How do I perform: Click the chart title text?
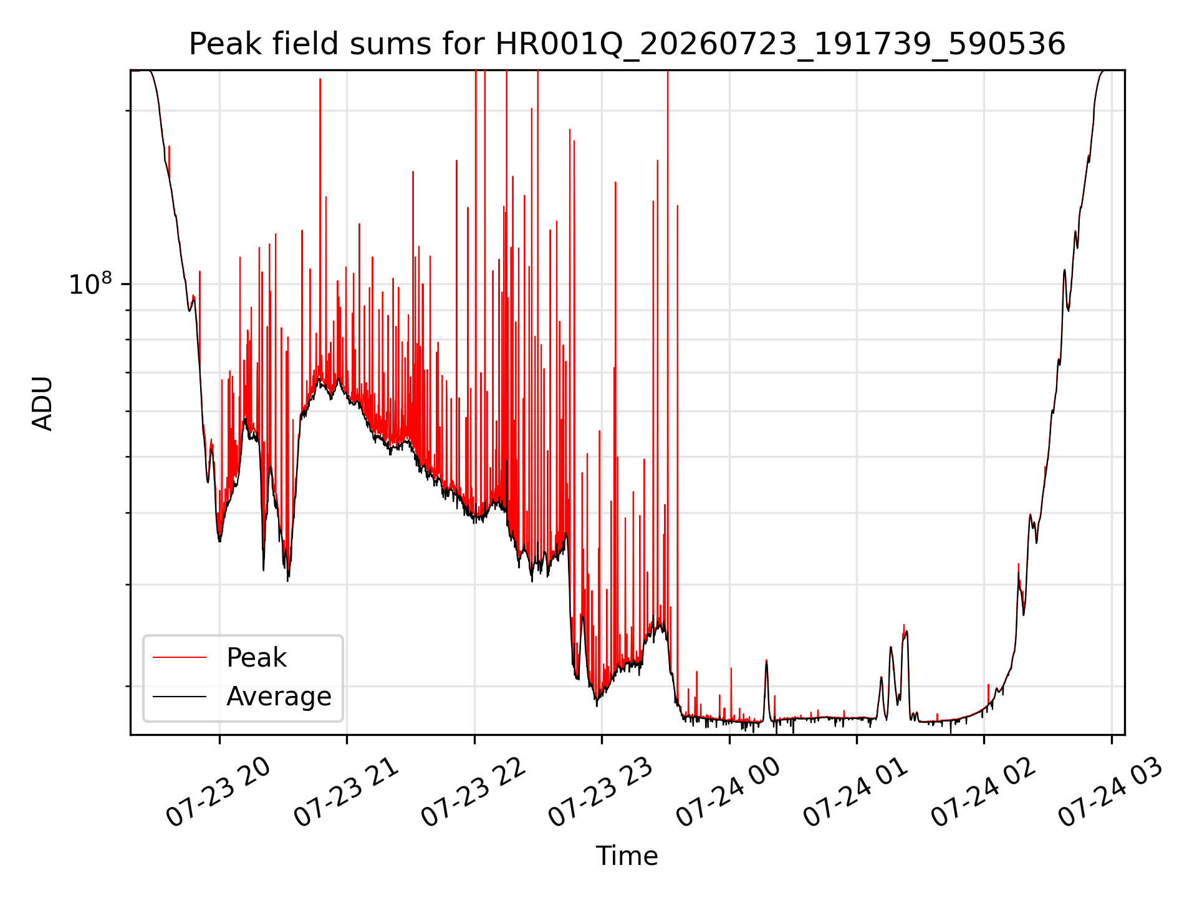tap(627, 44)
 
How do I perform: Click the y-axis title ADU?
tap(42, 403)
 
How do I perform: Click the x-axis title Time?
tap(627, 856)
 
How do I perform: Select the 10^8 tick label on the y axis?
tap(90, 284)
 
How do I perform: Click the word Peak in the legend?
tap(256, 658)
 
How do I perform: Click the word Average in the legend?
tap(279, 697)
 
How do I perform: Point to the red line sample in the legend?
tap(180, 657)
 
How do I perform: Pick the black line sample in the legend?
tap(180, 696)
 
